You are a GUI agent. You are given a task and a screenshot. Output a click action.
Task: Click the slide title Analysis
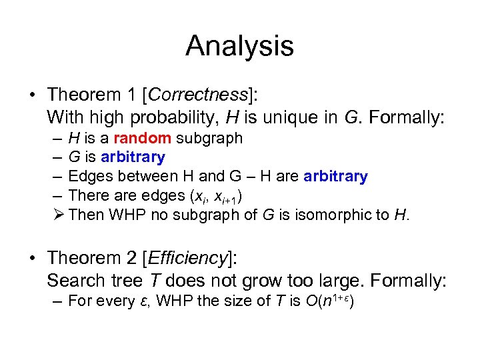(x=239, y=46)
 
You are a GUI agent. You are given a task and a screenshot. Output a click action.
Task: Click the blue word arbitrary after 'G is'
(x=133, y=157)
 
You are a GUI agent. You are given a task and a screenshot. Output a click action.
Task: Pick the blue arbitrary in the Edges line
(x=335, y=177)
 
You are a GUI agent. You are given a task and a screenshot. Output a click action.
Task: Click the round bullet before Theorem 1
(x=33, y=93)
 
